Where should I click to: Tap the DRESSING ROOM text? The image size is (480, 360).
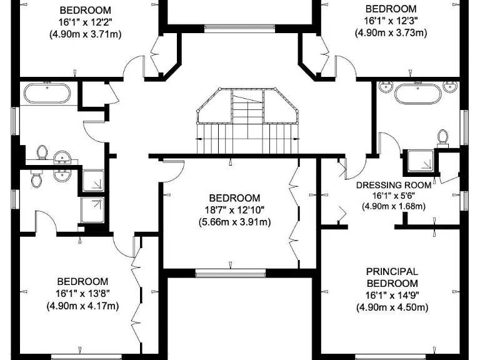click(394, 185)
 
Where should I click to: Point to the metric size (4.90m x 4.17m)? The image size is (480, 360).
click(82, 306)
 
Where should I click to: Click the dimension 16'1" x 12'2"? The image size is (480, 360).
click(85, 22)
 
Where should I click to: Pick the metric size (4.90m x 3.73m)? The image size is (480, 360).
click(391, 33)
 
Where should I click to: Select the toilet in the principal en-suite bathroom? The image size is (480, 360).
click(444, 137)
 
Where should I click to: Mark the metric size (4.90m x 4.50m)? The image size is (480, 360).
click(391, 307)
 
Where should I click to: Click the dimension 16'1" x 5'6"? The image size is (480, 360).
click(394, 196)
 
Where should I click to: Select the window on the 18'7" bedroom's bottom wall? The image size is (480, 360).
click(231, 272)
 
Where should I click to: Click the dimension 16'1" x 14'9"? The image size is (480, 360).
click(391, 296)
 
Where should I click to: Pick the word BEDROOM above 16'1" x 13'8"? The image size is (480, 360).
click(82, 282)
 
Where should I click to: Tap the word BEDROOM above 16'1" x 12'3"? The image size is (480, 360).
click(391, 9)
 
